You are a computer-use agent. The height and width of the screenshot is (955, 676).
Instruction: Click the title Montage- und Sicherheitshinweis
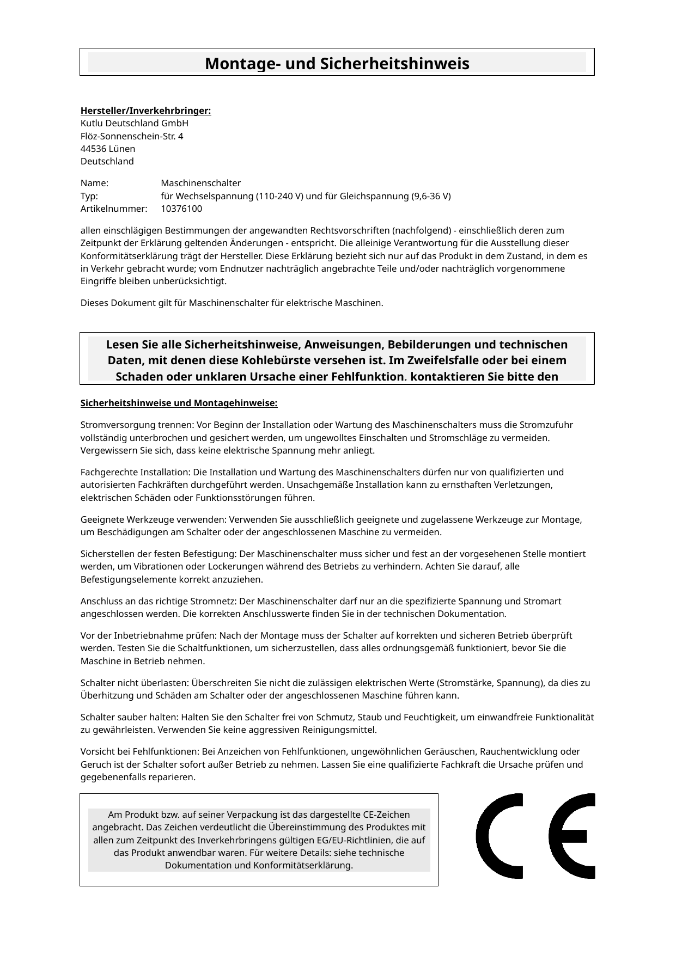pos(337,64)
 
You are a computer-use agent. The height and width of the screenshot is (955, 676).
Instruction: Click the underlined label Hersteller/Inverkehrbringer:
pos(145,111)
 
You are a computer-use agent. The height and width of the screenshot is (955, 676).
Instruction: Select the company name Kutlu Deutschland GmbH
pos(134,124)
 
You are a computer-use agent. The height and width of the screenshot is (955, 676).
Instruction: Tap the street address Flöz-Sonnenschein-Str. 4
pos(132,136)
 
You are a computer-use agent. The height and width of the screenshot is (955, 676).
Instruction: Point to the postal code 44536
pos(93,149)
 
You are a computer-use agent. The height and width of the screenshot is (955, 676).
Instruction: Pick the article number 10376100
pos(181,209)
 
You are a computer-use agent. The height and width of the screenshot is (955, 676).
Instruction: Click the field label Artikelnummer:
pos(114,209)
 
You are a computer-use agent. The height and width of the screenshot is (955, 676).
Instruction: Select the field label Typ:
pos(89,196)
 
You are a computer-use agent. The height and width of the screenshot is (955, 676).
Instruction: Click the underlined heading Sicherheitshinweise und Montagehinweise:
pos(179,403)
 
